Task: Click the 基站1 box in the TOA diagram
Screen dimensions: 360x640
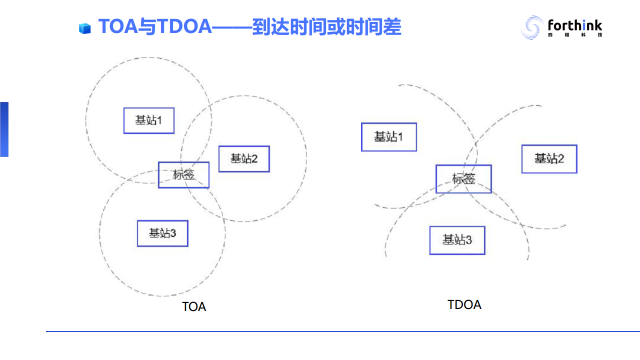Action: [x=149, y=120]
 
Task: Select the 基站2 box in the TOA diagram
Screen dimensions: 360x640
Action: [x=244, y=159]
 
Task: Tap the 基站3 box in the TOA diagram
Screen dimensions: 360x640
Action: [x=162, y=233]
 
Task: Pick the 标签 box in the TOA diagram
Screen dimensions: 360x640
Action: [x=183, y=175]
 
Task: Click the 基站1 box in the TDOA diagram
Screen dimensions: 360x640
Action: [x=389, y=137]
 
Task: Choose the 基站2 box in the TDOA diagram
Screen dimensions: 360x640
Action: [x=549, y=159]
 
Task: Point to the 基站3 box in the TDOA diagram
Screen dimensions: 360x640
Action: [x=457, y=240]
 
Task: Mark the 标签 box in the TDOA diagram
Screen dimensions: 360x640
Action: [x=463, y=179]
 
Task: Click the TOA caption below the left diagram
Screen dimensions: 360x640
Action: [x=194, y=306]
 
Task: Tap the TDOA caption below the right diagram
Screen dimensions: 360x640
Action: [x=464, y=304]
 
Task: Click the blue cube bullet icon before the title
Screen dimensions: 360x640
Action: [x=85, y=28]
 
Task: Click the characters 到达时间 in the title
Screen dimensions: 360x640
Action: [x=290, y=26]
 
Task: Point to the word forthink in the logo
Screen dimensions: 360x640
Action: [x=574, y=25]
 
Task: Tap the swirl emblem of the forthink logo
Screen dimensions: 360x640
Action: [x=532, y=27]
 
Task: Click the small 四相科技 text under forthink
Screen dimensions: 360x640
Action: [x=574, y=35]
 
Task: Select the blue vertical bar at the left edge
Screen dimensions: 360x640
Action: [x=4, y=129]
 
